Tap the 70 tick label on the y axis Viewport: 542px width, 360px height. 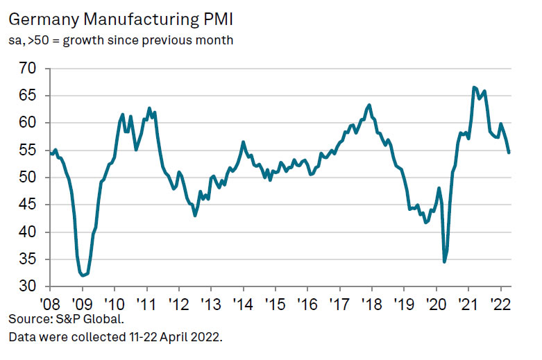(x=28, y=69)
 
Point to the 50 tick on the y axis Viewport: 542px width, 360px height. (x=28, y=178)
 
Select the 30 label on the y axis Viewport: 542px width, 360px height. (x=28, y=286)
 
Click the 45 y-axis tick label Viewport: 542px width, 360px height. (x=28, y=205)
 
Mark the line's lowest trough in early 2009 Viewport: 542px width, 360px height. (x=83, y=275)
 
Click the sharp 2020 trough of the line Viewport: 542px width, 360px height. (x=444, y=262)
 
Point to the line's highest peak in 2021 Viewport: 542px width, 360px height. (x=474, y=87)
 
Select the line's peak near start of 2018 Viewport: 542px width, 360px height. (x=369, y=105)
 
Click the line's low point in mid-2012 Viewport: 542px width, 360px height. (x=195, y=215)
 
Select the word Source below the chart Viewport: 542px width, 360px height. (x=28, y=320)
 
